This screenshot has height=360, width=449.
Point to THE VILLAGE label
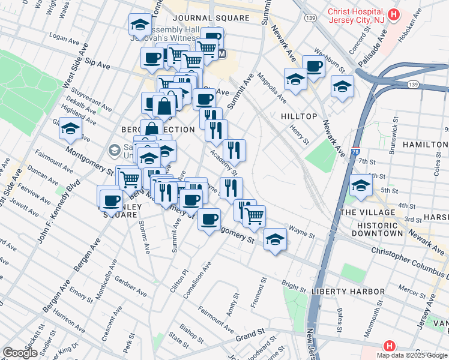pos(367,212)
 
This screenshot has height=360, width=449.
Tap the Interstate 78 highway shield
pos(355,153)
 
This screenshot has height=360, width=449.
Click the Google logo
pos(20,353)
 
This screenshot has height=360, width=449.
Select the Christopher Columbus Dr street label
pos(408,259)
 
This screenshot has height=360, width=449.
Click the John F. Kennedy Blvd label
pos(58,212)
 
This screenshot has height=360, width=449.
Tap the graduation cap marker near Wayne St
pos(275,239)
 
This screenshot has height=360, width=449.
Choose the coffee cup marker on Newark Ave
pos(313,65)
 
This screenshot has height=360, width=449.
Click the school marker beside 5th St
pos(361,185)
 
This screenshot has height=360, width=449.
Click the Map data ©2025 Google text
pos(411,355)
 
